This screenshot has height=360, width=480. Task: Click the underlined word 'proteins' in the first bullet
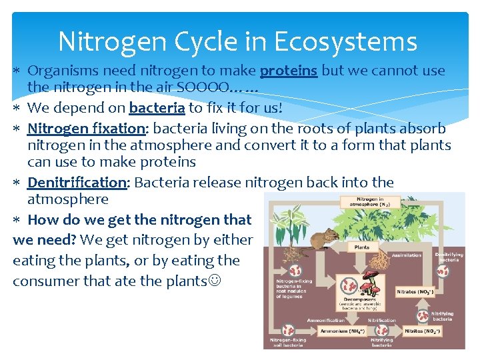(288, 71)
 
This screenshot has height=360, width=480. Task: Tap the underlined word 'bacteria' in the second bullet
(157, 108)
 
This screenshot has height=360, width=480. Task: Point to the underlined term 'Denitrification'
(77, 183)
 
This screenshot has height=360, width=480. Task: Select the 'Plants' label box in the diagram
(362, 247)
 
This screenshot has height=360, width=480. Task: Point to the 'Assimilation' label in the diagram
(407, 255)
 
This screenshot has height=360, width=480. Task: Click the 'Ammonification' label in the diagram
(326, 320)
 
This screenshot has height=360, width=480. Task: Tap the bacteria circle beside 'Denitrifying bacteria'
(442, 271)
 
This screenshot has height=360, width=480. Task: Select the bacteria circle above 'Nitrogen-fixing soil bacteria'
(288, 330)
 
